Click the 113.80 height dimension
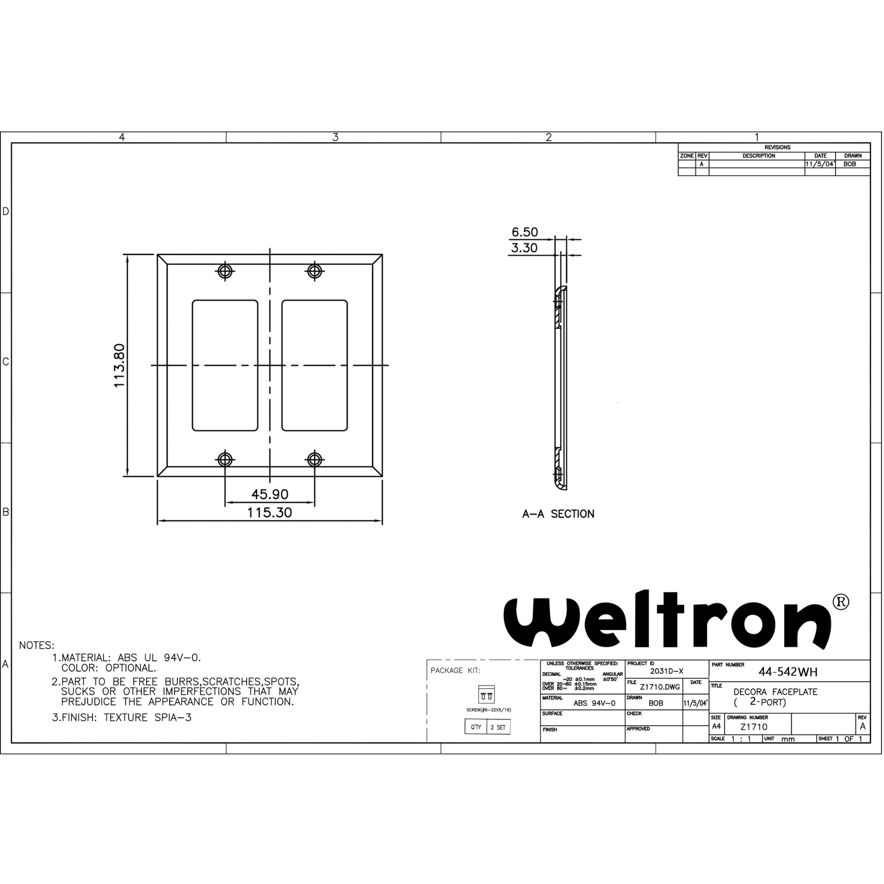click(119, 366)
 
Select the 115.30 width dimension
click(269, 512)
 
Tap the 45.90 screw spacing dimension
click(269, 494)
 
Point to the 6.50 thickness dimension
click(524, 232)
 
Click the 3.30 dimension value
click(524, 248)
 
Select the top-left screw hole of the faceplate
click(224, 272)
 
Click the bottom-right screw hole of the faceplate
click(314, 459)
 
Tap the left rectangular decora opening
click(224, 366)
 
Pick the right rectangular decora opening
click(314, 366)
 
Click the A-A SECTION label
click(558, 514)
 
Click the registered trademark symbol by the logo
click(840, 602)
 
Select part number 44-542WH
click(788, 672)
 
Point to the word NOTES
click(37, 646)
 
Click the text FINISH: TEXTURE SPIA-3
click(122, 717)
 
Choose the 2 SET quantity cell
click(498, 727)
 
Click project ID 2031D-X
click(666, 671)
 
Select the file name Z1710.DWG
click(660, 687)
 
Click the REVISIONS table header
click(777, 147)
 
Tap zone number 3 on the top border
click(335, 137)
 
